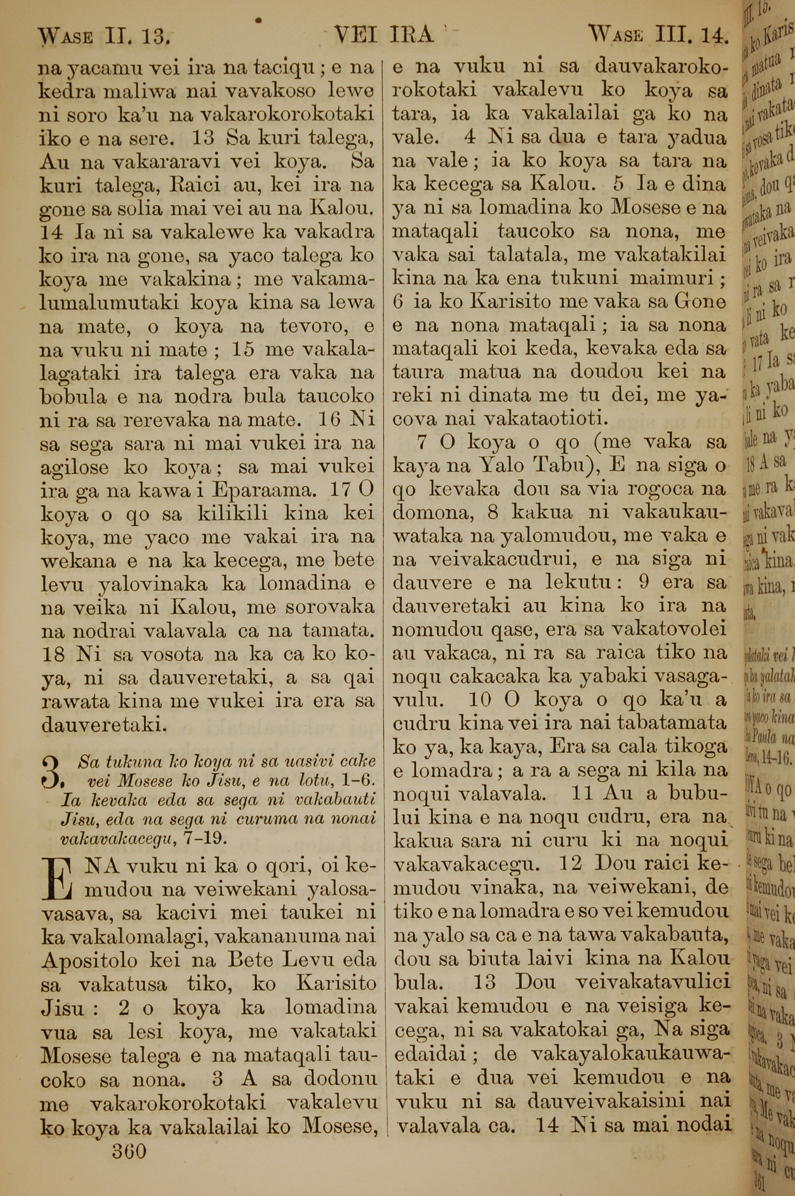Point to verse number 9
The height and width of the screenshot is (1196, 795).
644,582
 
